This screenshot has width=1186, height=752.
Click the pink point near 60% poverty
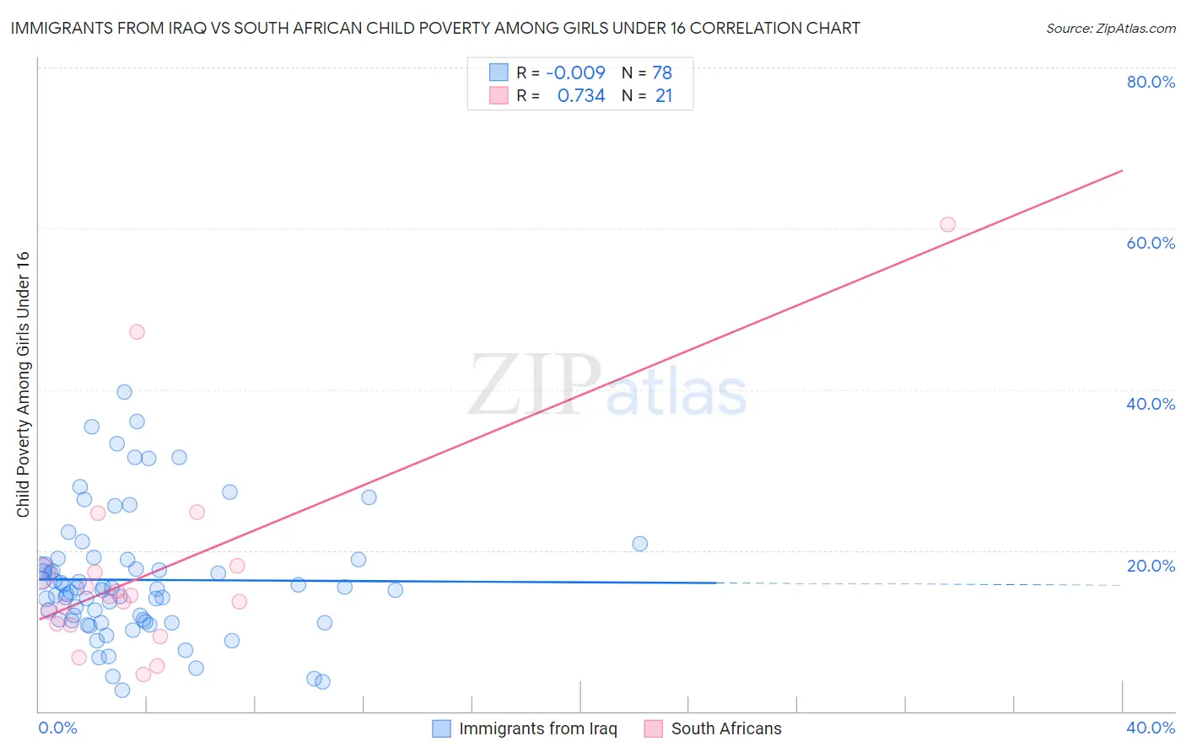(x=947, y=224)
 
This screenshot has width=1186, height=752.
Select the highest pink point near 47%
(x=137, y=332)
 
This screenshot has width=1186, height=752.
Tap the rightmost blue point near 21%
(x=640, y=544)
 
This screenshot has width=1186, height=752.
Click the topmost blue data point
(x=124, y=392)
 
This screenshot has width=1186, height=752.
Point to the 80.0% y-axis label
(x=1151, y=82)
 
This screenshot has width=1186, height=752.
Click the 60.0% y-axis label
(x=1151, y=243)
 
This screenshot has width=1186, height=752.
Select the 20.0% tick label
(x=1151, y=566)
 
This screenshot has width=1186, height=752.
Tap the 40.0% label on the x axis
(x=1151, y=728)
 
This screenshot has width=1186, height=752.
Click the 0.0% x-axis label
(x=58, y=728)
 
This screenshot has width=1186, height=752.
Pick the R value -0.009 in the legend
(x=575, y=73)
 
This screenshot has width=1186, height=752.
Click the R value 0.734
(x=581, y=95)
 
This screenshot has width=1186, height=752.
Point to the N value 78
(x=662, y=73)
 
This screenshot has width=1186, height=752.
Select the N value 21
(x=664, y=95)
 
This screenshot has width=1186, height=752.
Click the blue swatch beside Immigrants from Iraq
(x=441, y=728)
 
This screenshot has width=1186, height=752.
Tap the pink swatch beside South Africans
(x=653, y=728)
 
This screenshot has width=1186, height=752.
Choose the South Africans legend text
(x=726, y=728)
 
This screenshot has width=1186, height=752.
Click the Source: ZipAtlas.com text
(x=1110, y=29)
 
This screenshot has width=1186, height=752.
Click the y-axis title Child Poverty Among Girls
(x=23, y=384)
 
